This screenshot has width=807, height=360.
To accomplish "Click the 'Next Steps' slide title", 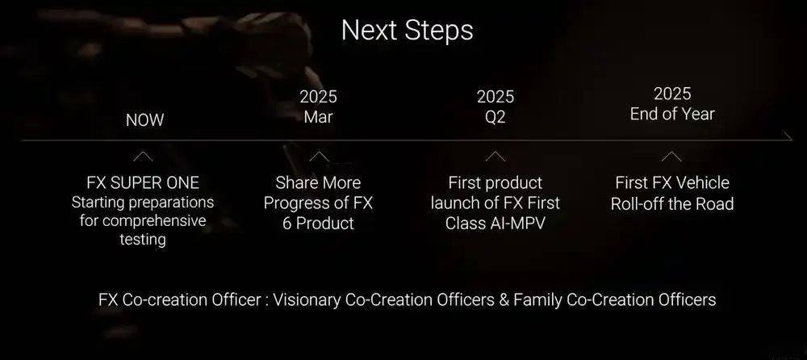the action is [x=407, y=31].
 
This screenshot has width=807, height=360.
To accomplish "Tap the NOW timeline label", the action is [x=144, y=120].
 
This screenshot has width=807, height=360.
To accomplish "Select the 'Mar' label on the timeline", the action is [x=318, y=117].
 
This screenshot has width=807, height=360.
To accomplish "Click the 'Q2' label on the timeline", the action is [x=495, y=117].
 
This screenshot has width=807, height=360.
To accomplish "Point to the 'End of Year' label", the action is [x=672, y=114].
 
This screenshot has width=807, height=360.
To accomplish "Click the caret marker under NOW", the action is [x=143, y=156].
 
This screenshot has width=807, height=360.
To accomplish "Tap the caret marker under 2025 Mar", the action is [x=319, y=156].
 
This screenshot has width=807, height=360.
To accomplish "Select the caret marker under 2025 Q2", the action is [x=495, y=156].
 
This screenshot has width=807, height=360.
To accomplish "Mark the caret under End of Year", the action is [x=671, y=156].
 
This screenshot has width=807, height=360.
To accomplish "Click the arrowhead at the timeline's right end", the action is [x=788, y=136].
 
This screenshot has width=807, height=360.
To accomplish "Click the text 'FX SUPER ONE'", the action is [x=143, y=183].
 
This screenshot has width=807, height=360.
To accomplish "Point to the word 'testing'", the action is [x=143, y=240].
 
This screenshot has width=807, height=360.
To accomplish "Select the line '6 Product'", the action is [x=318, y=224].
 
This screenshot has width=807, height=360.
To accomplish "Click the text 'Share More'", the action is [x=318, y=183].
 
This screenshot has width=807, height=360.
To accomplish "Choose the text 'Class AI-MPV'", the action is [x=495, y=224].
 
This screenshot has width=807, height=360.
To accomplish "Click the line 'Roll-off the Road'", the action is [x=672, y=204].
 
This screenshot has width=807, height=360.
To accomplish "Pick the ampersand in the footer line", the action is [x=504, y=299].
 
